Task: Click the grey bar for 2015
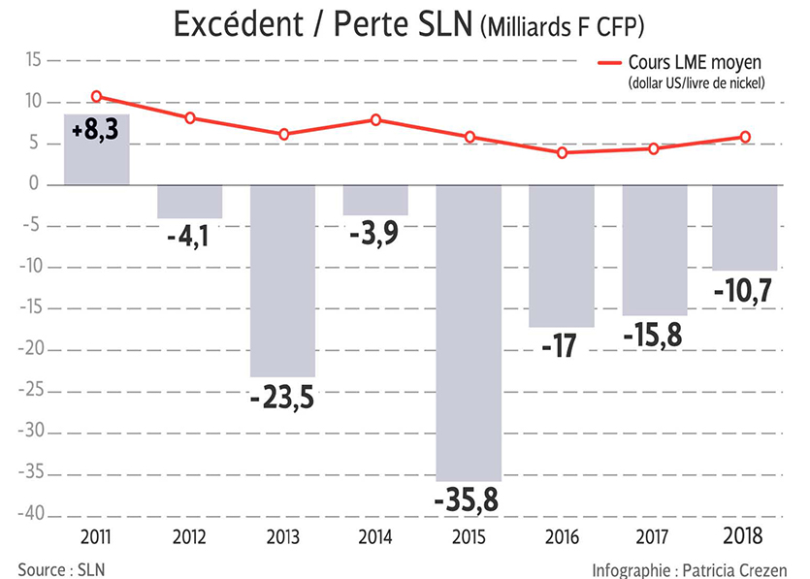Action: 469,330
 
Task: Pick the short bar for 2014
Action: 375,200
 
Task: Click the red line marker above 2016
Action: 563,152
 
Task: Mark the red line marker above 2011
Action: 97,96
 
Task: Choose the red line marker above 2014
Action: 376,119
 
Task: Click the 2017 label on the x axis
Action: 656,535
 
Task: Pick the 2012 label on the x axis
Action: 190,535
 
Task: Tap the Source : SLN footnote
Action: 60,568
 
